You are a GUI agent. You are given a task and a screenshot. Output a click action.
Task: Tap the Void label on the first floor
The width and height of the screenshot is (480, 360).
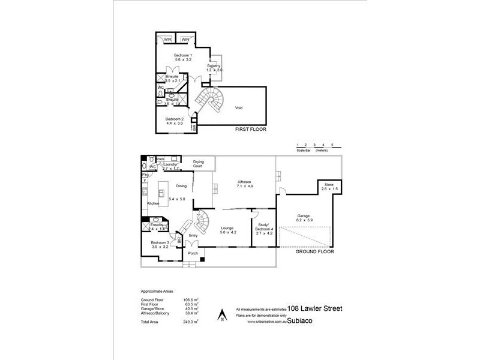(239, 109)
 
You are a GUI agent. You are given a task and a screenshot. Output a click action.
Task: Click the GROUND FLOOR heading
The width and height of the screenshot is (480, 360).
(314, 253)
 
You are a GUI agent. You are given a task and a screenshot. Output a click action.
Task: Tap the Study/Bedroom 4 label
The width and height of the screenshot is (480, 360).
(262, 227)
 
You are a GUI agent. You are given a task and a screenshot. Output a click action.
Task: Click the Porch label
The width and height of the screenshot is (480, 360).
(193, 253)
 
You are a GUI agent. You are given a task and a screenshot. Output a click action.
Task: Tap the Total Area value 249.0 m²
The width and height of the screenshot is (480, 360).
(191, 323)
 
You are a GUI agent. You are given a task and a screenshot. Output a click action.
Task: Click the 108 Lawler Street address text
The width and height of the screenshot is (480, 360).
(315, 308)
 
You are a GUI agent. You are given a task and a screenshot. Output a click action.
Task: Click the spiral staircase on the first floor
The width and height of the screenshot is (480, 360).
(211, 101)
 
